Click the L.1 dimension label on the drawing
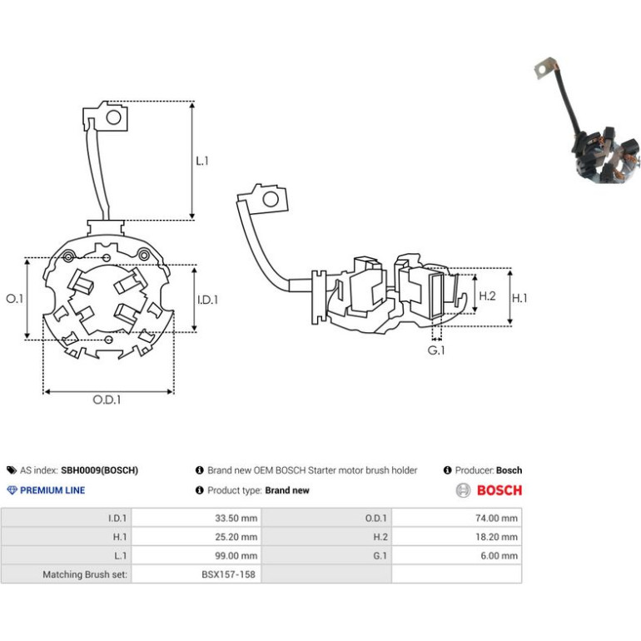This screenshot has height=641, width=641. click(x=202, y=161)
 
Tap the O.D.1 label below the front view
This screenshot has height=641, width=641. click(x=107, y=400)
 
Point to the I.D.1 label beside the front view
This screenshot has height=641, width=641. click(x=207, y=300)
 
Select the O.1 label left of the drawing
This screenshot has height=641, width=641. click(x=15, y=299)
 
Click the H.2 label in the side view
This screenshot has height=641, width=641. click(x=487, y=296)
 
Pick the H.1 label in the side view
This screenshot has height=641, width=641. click(x=519, y=298)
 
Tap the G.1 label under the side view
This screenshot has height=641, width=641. click(x=436, y=350)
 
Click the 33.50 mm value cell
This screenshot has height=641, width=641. click(x=236, y=519)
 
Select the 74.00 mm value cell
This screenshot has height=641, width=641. click(x=496, y=519)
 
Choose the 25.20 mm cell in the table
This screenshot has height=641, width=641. click(x=236, y=537)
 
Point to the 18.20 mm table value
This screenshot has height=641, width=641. click(x=496, y=537)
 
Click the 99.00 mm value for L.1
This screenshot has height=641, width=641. click(x=236, y=556)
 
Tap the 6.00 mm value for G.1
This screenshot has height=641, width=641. click(x=499, y=556)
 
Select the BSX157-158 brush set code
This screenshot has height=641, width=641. click(x=229, y=574)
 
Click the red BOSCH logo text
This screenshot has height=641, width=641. click(x=499, y=490)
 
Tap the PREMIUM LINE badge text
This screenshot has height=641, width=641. click(x=52, y=490)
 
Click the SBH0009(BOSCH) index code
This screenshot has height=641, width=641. click(x=99, y=470)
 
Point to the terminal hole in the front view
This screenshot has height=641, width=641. click(x=114, y=117)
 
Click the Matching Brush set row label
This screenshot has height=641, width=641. click(x=85, y=574)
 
